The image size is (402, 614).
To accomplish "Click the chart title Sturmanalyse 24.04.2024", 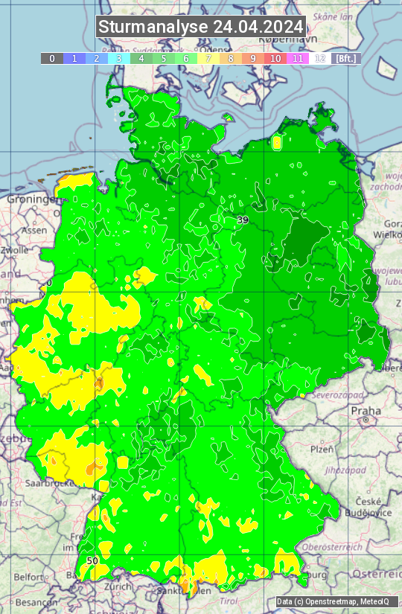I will click(x=201, y=27).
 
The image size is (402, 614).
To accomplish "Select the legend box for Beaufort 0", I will click(x=52, y=58).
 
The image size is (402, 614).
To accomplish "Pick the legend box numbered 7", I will click(x=208, y=58).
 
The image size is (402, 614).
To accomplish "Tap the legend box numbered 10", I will click(x=275, y=58).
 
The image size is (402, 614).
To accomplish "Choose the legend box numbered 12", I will click(x=320, y=58).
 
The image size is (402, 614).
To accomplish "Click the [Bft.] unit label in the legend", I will click(x=346, y=58).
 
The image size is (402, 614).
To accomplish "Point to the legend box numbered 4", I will click(x=141, y=58).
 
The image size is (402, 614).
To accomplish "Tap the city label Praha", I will click(x=366, y=410).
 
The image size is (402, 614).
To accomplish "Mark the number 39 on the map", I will click(x=243, y=220).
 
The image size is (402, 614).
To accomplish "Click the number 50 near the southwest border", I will click(x=92, y=560).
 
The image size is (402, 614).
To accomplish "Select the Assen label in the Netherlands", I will click(x=33, y=231).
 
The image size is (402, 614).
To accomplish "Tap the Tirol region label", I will click(x=230, y=600).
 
